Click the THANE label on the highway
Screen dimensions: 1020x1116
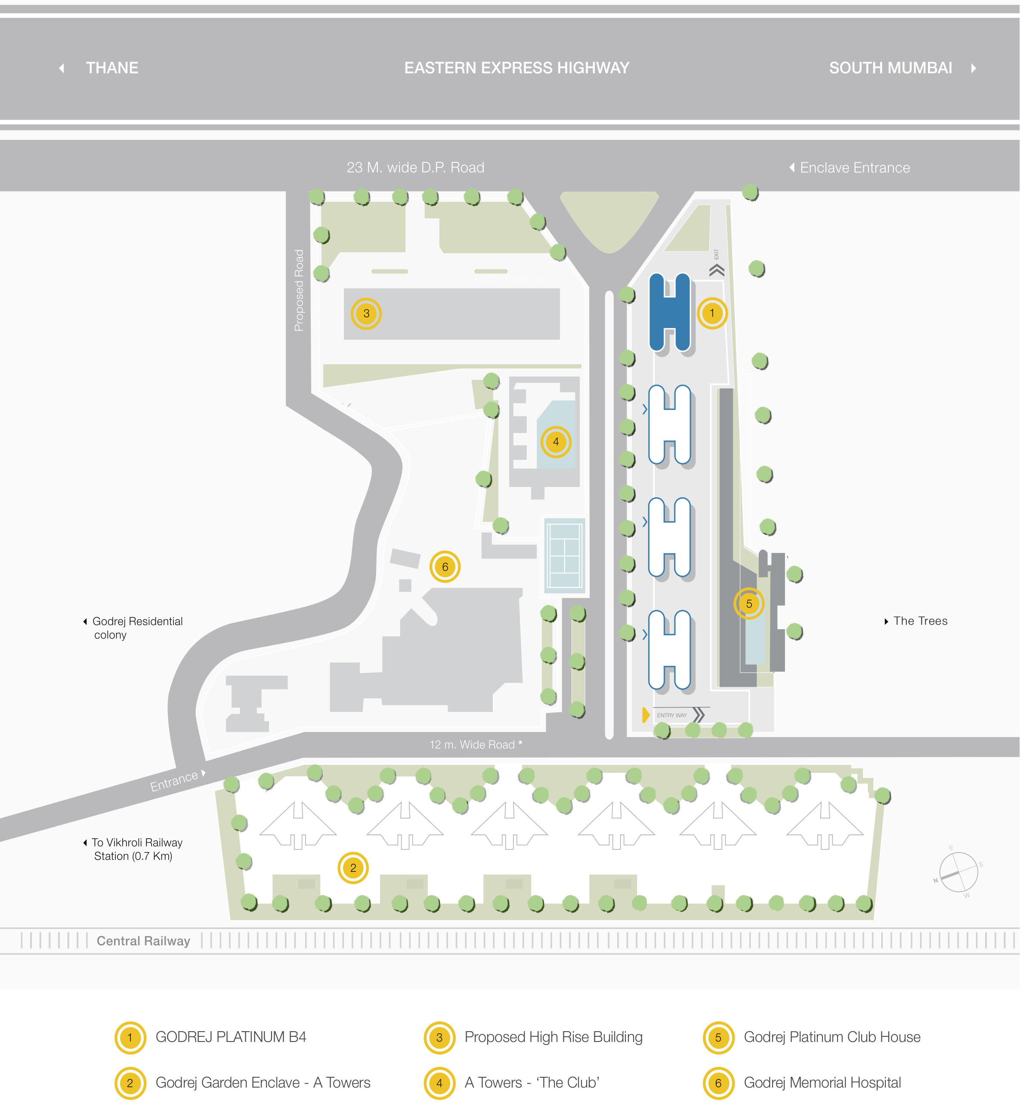pyautogui.click(x=112, y=68)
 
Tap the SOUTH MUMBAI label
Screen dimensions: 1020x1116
pyautogui.click(x=890, y=68)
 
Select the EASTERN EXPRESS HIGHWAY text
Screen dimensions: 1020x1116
pyautogui.click(x=517, y=68)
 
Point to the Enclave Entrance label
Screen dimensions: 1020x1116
pyautogui.click(x=855, y=168)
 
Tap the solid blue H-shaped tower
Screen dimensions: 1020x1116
pyautogui.click(x=670, y=313)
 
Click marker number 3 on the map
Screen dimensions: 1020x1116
pyautogui.click(x=366, y=313)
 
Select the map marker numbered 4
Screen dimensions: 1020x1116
pyautogui.click(x=556, y=442)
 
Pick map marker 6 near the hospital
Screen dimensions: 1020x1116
pyautogui.click(x=445, y=567)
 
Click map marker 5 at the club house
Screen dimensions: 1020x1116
pyautogui.click(x=749, y=603)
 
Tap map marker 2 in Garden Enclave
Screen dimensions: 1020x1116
pyautogui.click(x=353, y=868)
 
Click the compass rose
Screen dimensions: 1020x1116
pyautogui.click(x=958, y=872)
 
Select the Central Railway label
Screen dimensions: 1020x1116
pyautogui.click(x=143, y=941)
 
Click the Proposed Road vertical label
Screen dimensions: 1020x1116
pyautogui.click(x=299, y=291)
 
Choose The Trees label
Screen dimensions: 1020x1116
pyautogui.click(x=921, y=621)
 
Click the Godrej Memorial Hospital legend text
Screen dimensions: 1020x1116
pyautogui.click(x=822, y=1083)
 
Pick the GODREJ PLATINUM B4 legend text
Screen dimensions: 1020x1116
pyautogui.click(x=231, y=1037)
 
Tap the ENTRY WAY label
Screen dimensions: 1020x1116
pyautogui.click(x=672, y=716)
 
